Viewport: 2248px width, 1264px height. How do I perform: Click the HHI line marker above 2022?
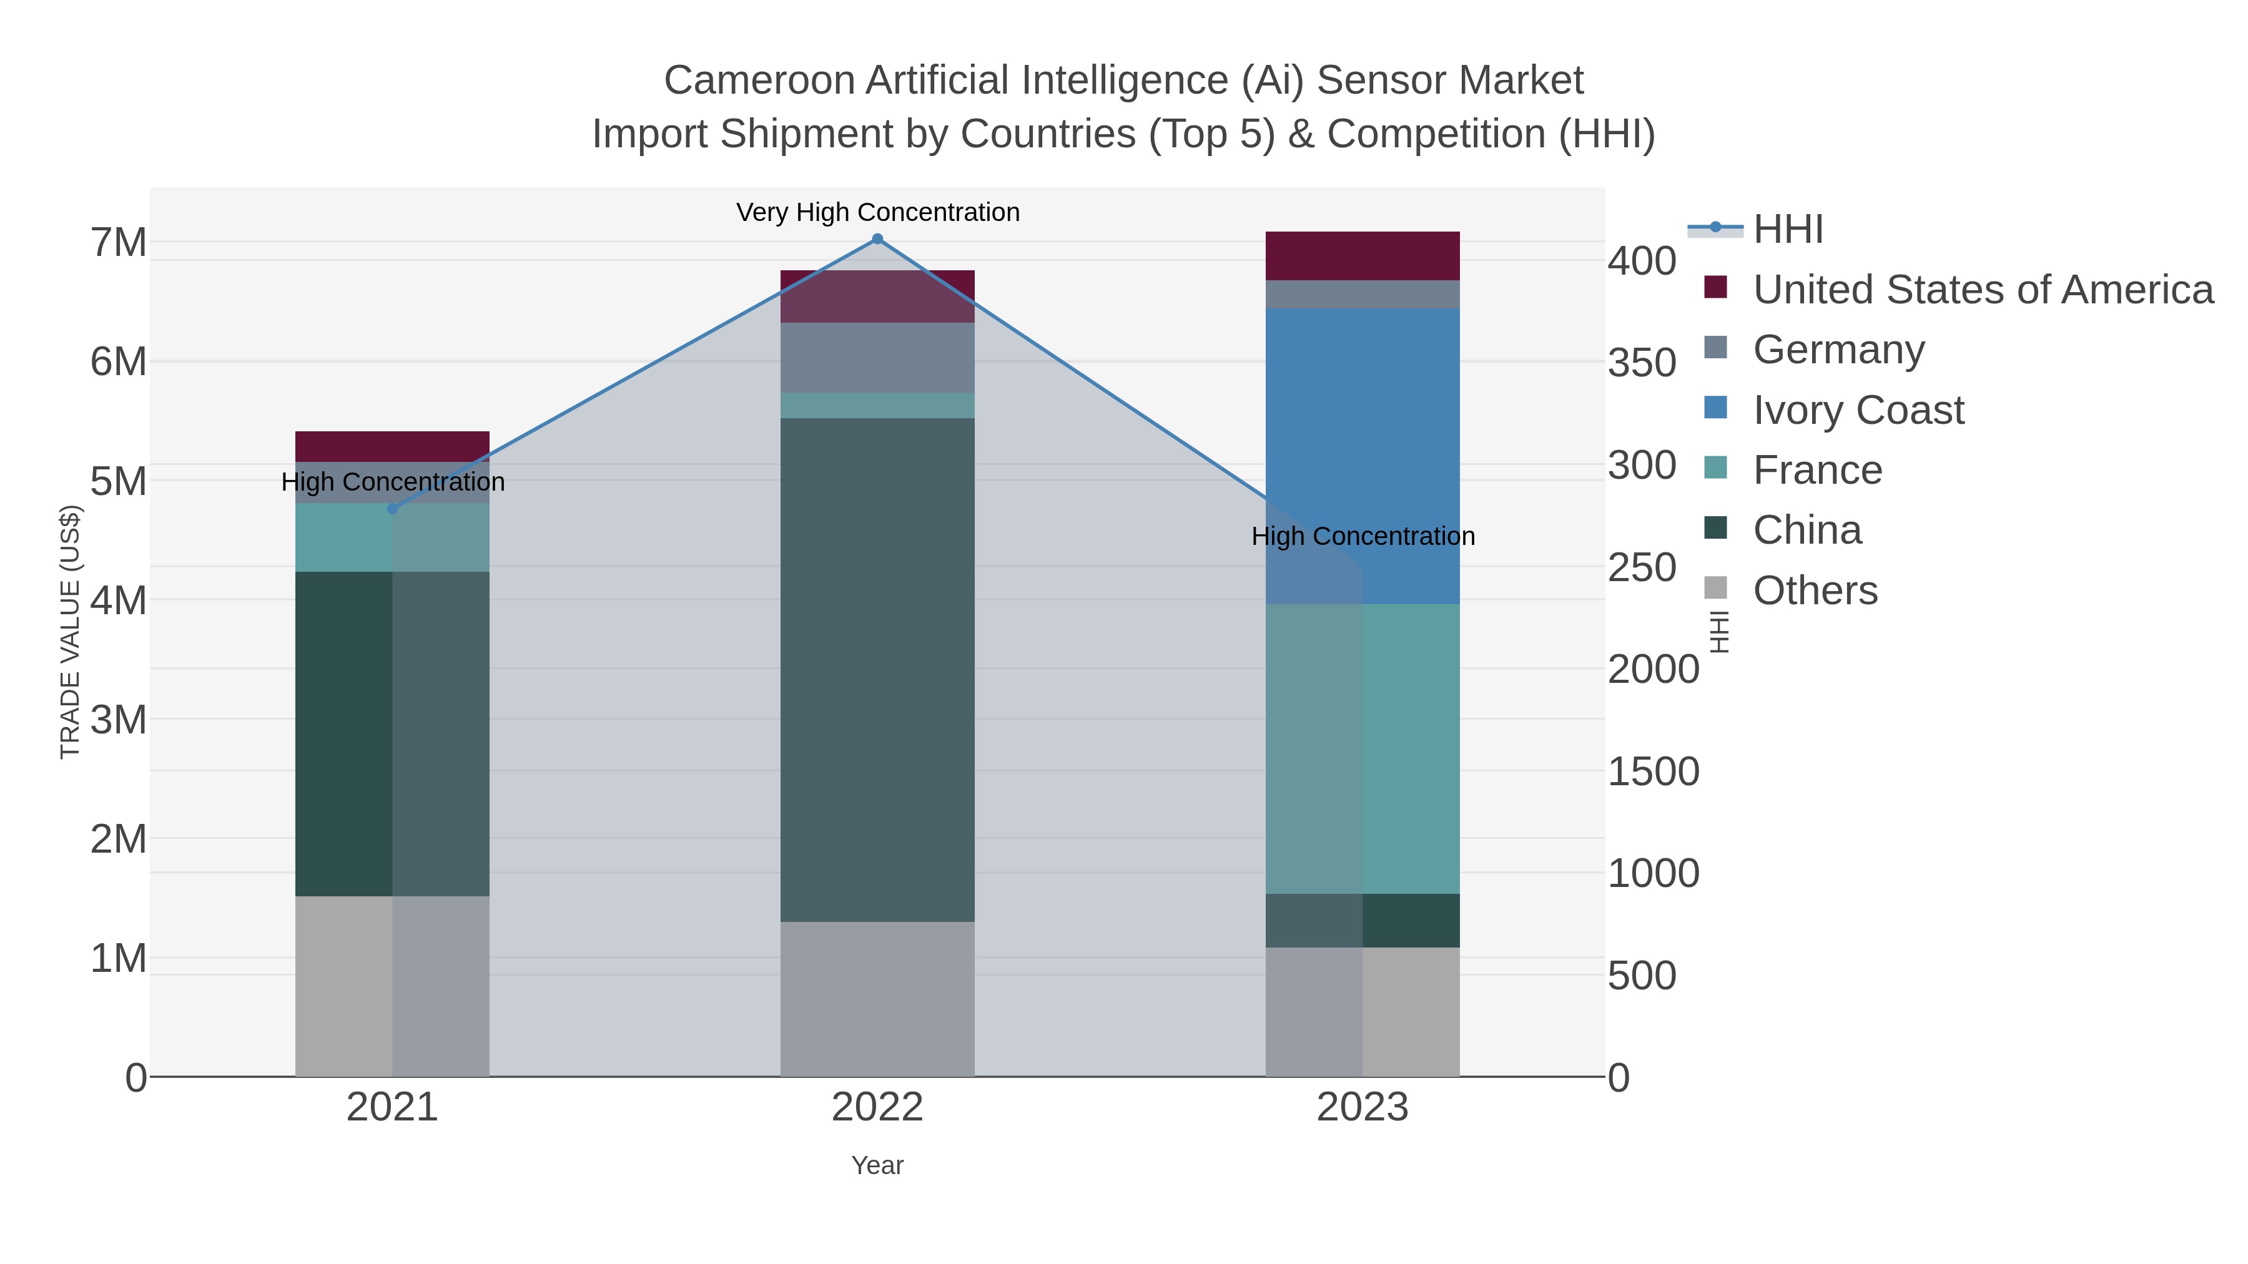[877, 239]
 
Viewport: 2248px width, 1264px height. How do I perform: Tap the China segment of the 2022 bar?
[877, 670]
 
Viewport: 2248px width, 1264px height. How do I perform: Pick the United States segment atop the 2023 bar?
[1363, 255]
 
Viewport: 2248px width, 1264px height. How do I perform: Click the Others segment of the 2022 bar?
[877, 999]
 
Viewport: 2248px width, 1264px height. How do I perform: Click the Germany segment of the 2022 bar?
[877, 358]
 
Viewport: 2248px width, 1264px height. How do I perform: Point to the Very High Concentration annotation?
[877, 212]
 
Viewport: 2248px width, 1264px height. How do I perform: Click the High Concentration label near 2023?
[1363, 536]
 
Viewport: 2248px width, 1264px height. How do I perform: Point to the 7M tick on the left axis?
[119, 243]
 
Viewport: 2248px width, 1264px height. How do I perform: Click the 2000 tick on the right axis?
[1653, 670]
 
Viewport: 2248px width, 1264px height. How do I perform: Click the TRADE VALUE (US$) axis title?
[70, 632]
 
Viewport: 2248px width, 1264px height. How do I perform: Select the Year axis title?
[877, 1165]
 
